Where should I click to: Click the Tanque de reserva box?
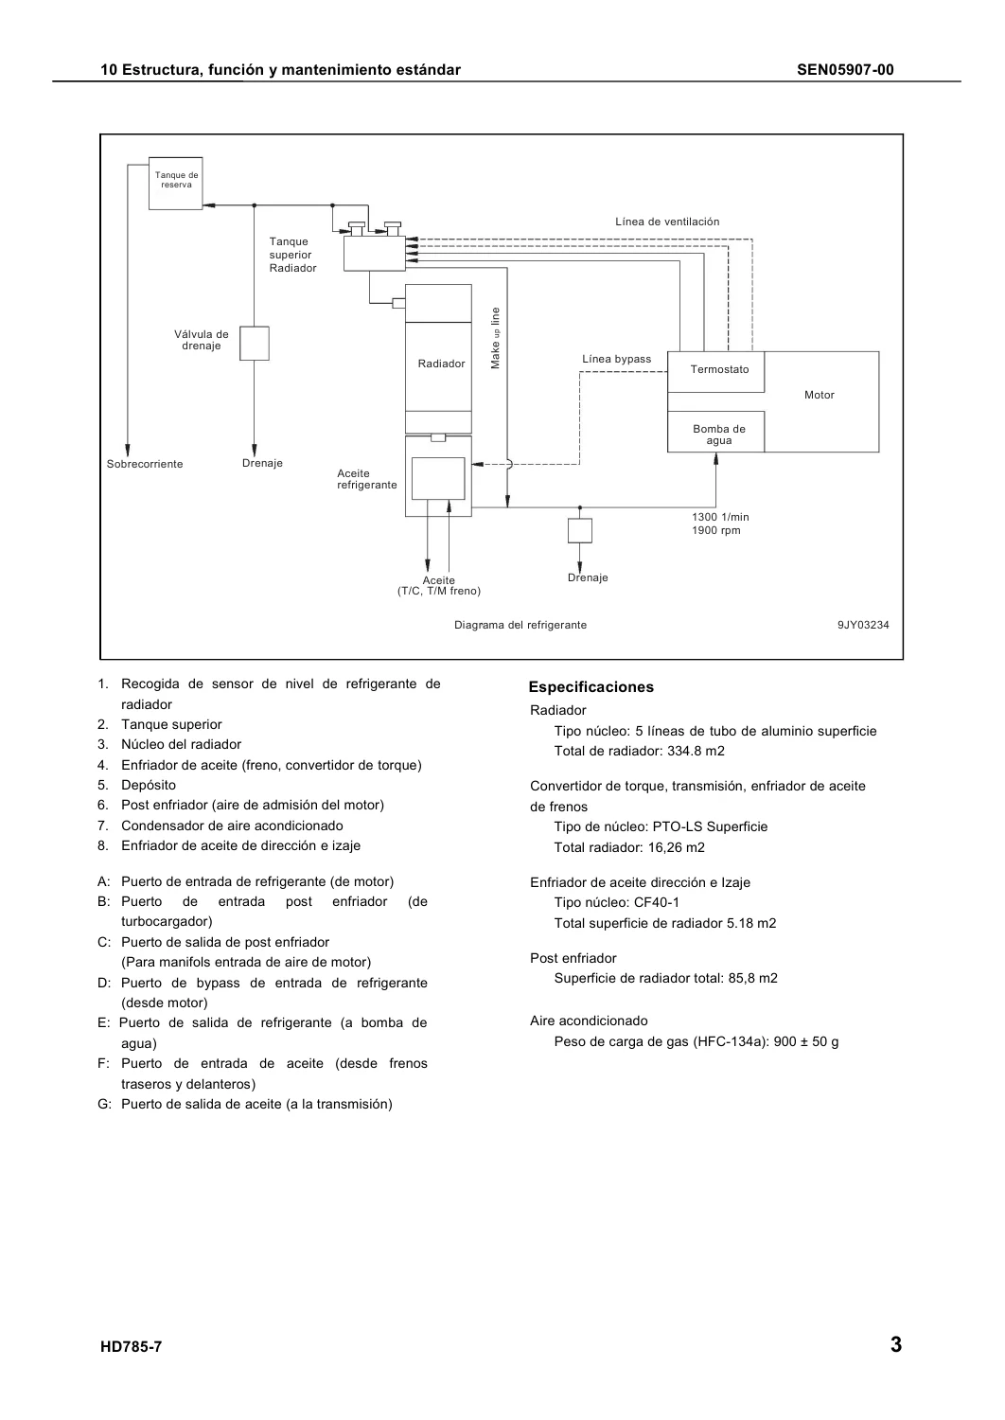coord(175,184)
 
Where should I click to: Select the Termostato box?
coord(715,372)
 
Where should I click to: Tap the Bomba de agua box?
coord(715,432)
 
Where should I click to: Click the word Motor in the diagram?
coord(819,395)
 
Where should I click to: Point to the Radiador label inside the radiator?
coord(441,364)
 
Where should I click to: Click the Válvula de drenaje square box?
coord(255,344)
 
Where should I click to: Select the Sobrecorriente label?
coord(145,464)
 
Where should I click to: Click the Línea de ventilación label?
coord(667,222)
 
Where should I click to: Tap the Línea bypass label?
coord(617,359)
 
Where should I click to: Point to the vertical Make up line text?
coord(496,338)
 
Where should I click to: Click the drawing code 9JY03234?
coord(863,625)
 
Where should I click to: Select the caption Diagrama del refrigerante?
coord(520,625)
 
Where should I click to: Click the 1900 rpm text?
coord(716,530)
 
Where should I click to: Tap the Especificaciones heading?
coord(591,687)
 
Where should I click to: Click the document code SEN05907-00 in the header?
coord(845,70)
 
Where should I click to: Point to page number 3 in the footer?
coord(896,1344)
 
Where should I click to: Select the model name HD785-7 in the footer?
coord(132,1346)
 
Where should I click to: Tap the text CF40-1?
coord(657,903)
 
